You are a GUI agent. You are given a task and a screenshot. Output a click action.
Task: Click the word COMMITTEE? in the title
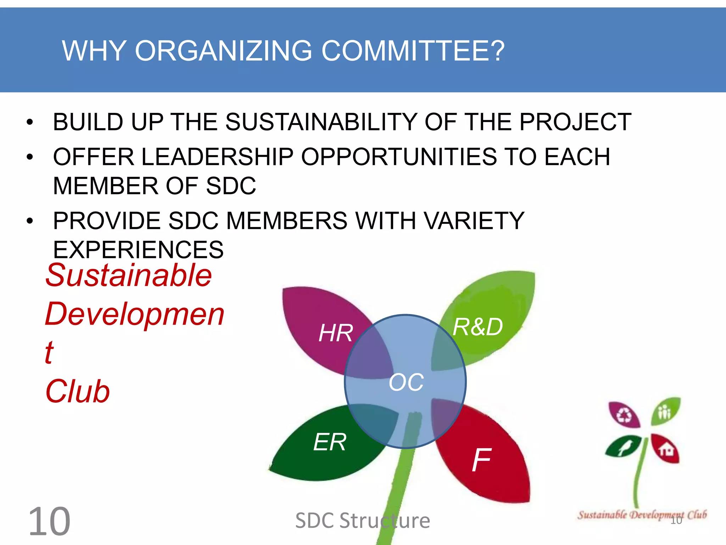(413, 51)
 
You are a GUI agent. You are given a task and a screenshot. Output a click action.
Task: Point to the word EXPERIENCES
(138, 249)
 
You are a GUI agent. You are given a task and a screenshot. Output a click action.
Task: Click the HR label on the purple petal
(335, 333)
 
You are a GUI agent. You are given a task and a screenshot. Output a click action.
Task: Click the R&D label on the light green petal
(478, 327)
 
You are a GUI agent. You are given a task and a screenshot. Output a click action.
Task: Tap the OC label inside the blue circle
(406, 382)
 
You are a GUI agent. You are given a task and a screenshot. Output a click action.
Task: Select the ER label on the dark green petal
(330, 442)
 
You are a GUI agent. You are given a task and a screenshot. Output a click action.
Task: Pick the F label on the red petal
(481, 459)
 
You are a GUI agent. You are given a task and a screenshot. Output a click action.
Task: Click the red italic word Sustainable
(129, 275)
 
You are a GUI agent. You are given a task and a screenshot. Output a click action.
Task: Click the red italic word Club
(78, 391)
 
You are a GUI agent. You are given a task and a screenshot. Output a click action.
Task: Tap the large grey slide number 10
(49, 522)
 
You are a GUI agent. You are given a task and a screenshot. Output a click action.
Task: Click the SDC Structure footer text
(362, 521)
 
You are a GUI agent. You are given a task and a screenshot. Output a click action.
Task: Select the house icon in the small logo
(666, 450)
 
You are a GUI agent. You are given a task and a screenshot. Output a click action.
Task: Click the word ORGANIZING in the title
(223, 51)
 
